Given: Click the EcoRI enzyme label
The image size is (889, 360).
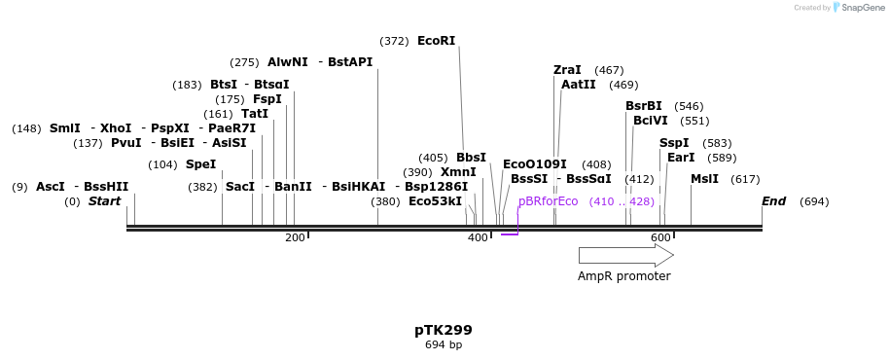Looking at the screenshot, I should point(436,41).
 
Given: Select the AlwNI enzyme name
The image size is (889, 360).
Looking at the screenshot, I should point(288,62).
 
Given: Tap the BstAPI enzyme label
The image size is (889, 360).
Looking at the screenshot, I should point(350,62).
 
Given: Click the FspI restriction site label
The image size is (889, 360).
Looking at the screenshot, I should point(267,99).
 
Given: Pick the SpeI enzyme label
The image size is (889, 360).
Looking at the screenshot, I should point(200,164).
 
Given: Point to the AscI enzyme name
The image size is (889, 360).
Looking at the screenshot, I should point(51,187).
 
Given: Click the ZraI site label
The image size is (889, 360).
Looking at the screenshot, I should point(567,70).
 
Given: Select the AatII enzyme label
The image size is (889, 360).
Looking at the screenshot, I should point(579,85).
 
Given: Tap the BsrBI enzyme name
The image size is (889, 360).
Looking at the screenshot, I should point(644,106).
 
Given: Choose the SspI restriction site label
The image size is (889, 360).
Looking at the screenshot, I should point(674,143).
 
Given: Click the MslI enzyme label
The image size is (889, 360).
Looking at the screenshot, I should point(704,179).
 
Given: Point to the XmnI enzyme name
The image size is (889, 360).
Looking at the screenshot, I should point(458,172).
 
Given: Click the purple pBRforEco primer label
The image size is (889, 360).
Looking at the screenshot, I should point(549,201).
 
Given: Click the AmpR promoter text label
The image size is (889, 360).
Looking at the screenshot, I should point(623,276).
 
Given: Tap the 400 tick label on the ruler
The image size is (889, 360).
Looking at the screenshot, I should point(478,238).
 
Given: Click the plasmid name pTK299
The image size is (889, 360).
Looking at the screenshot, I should point(444,330).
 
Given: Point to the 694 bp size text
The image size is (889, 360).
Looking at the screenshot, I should point(444,345).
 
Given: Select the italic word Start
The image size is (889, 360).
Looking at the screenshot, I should point(104,201).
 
